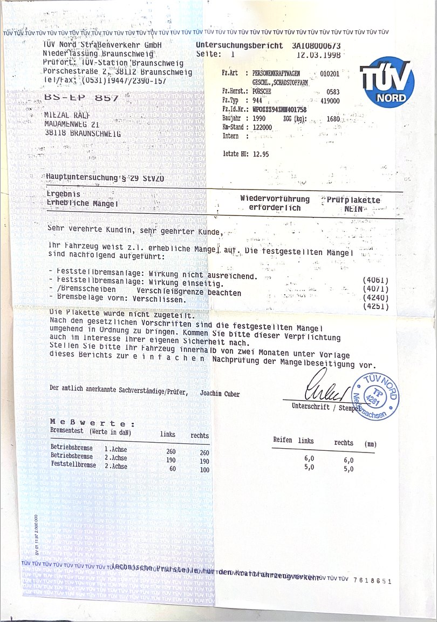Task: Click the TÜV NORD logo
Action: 387,82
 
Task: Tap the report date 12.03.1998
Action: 319,55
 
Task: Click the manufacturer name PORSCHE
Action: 262,91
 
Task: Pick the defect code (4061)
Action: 376,280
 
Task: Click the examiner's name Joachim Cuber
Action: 220,394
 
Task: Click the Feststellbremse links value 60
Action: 173,469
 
